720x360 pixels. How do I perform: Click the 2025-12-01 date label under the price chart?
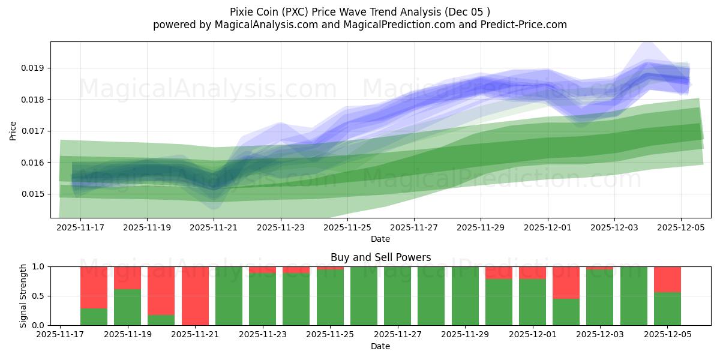pyautogui.click(x=547, y=228)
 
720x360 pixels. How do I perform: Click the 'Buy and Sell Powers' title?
pyautogui.click(x=380, y=257)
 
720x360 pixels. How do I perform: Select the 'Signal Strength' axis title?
pyautogui.click(x=23, y=296)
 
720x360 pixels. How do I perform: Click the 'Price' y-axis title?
pyautogui.click(x=13, y=130)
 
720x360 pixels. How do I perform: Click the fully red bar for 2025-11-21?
pyautogui.click(x=195, y=296)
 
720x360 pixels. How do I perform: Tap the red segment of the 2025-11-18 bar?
pyautogui.click(x=94, y=287)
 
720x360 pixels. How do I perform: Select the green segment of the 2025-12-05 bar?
pyautogui.click(x=667, y=309)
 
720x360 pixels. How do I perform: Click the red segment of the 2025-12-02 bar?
pyautogui.click(x=566, y=282)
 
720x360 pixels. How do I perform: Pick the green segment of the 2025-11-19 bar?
pyautogui.click(x=127, y=307)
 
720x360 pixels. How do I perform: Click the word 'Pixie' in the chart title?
pyautogui.click(x=241, y=12)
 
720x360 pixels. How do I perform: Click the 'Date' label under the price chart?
pyautogui.click(x=380, y=239)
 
